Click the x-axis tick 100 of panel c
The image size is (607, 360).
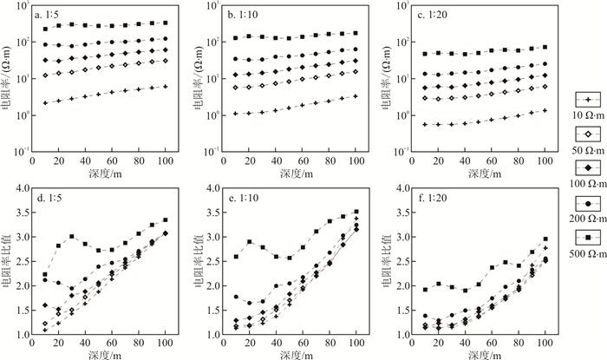point(545,160)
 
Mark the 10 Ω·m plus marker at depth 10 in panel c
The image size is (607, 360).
point(424,124)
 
